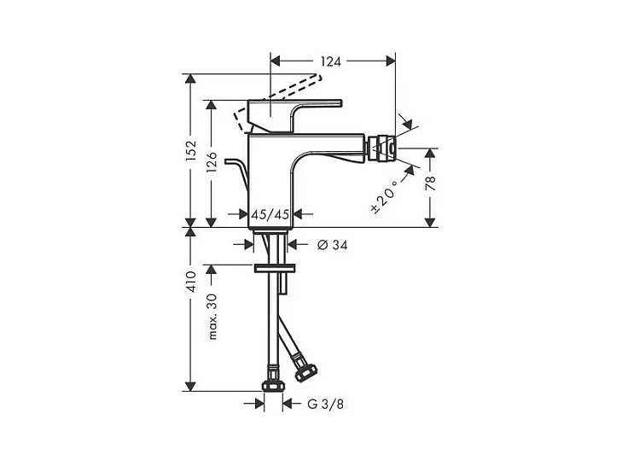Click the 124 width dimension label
pyautogui.click(x=330, y=61)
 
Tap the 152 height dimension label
pyautogui.click(x=191, y=150)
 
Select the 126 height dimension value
pyautogui.click(x=212, y=161)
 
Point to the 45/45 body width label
pyautogui.click(x=270, y=215)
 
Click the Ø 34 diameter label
pyautogui.click(x=333, y=245)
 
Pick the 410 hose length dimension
pyautogui.click(x=191, y=282)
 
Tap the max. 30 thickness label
pyautogui.click(x=212, y=317)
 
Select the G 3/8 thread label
pyautogui.click(x=325, y=405)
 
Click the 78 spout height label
pyautogui.click(x=430, y=183)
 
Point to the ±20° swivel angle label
pyautogui.click(x=383, y=197)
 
